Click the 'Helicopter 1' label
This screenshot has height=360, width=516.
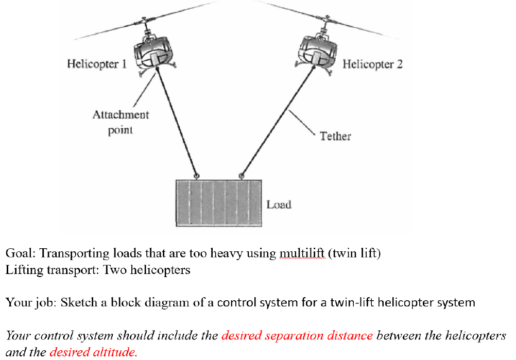pyautogui.click(x=97, y=64)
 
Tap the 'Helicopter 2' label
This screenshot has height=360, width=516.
pyautogui.click(x=372, y=64)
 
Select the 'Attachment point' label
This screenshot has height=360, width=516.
pyautogui.click(x=121, y=122)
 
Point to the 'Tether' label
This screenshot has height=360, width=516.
pyautogui.click(x=335, y=136)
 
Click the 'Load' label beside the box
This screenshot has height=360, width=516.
pyautogui.click(x=279, y=204)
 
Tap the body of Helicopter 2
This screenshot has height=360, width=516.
pyautogui.click(x=318, y=52)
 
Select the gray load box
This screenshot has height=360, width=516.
pyautogui.click(x=218, y=203)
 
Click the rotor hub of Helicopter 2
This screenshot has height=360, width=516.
pyautogui.click(x=325, y=21)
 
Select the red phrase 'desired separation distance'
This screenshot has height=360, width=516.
pyautogui.click(x=297, y=336)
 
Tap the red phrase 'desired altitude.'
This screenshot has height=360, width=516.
pyautogui.click(x=93, y=352)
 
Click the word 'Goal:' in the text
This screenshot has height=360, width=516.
pyautogui.click(x=21, y=253)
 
